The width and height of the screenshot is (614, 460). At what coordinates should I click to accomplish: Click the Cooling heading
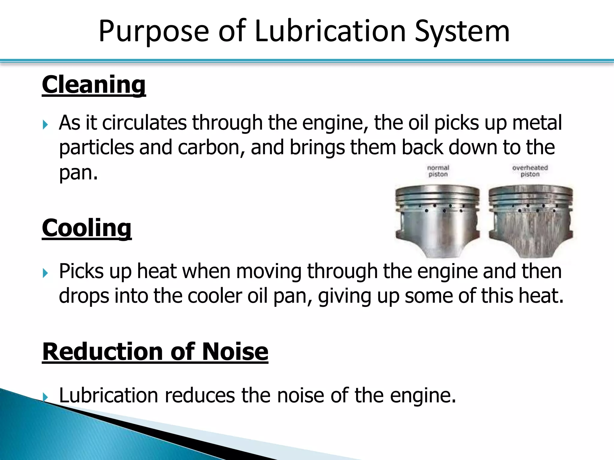87,228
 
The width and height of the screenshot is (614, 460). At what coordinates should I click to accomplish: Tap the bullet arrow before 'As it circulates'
45,124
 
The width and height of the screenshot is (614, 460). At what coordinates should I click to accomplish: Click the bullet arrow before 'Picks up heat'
45,273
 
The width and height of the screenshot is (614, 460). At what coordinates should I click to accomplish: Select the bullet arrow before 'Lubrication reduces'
45,397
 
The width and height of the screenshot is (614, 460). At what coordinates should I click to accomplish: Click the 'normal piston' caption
438,171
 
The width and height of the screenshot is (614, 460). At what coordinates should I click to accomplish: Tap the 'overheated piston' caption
530,171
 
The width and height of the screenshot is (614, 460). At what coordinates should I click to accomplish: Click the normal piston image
438,220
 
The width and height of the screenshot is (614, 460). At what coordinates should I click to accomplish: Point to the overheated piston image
531,220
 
